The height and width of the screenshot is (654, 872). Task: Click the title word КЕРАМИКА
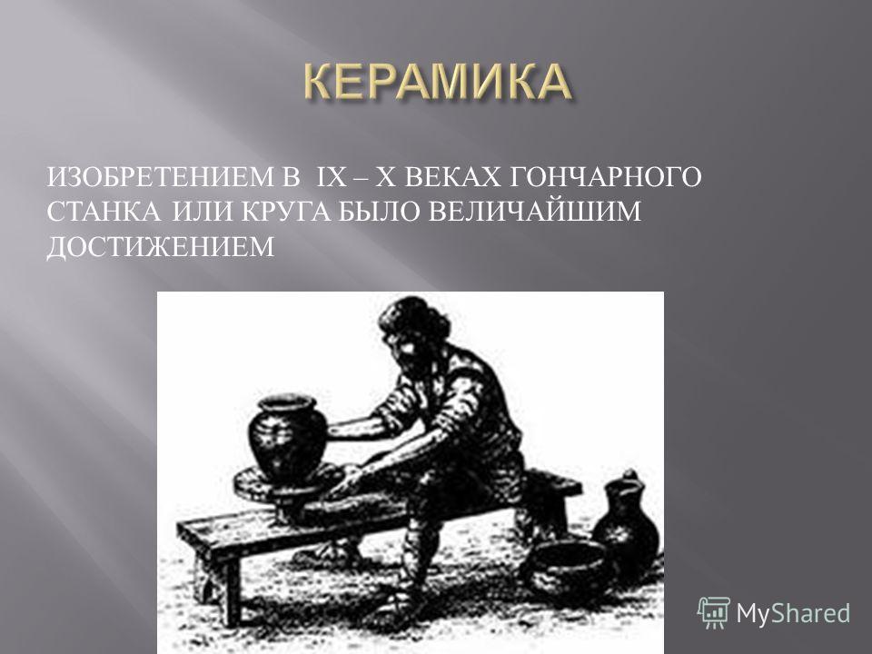(437, 83)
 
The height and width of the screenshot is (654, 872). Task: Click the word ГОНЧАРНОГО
(606, 178)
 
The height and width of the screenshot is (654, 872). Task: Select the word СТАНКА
(105, 212)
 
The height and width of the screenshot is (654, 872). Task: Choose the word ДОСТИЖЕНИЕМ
(161, 246)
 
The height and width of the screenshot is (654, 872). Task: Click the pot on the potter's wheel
(286, 438)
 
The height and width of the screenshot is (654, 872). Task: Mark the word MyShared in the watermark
(793, 613)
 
